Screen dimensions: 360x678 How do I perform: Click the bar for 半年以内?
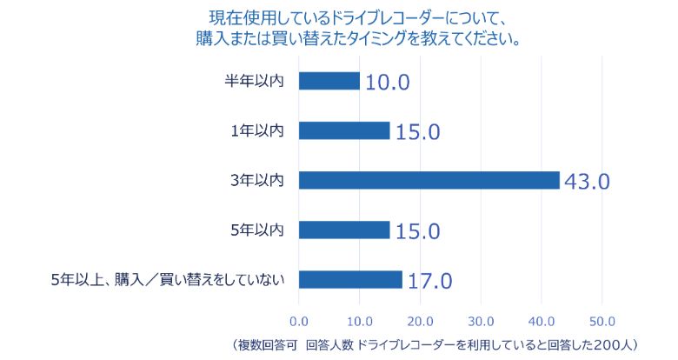coord(329,81)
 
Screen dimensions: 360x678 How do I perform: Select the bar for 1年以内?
coord(344,130)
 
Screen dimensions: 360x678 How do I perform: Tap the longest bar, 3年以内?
coord(429,180)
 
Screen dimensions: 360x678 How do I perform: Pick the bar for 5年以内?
coord(344,230)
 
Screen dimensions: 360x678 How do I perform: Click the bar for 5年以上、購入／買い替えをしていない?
coord(350,280)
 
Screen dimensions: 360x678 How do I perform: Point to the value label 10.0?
coord(387,83)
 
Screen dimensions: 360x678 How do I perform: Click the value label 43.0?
coord(588,182)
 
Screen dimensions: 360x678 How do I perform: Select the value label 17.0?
coord(429,281)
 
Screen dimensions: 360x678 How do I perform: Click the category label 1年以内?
coord(257,130)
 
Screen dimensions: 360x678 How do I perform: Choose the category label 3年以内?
coord(257,180)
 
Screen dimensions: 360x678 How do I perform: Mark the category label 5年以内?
coord(257,230)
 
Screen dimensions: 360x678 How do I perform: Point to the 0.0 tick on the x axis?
coord(299,317)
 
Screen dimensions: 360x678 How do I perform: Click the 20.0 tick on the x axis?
coord(420,317)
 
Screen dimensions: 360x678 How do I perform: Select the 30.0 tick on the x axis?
coord(481,317)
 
